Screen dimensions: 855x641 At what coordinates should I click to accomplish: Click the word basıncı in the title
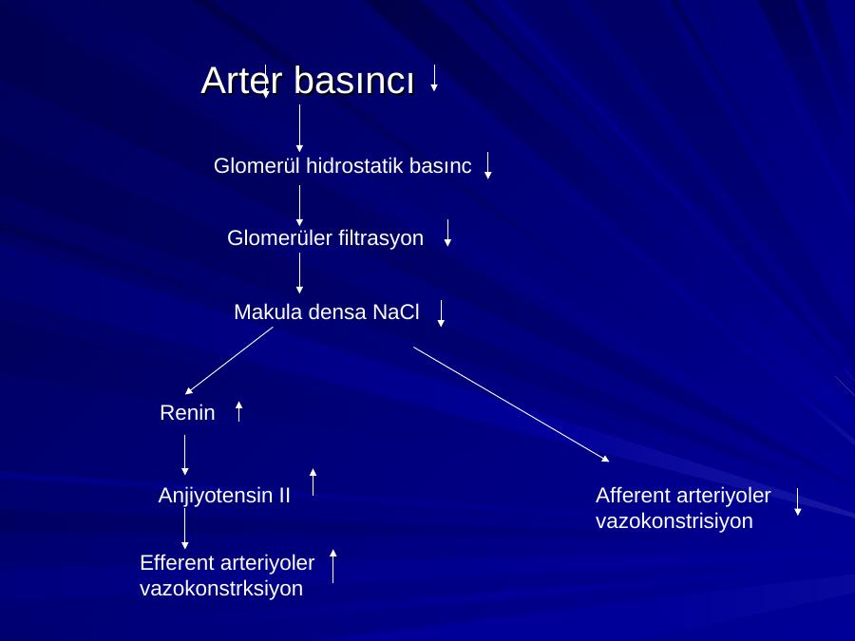354,81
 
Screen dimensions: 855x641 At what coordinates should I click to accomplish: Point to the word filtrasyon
381,238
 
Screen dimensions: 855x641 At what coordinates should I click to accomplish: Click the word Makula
268,312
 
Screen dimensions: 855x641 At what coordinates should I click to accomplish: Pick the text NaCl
396,312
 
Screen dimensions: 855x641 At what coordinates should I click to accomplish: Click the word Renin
187,413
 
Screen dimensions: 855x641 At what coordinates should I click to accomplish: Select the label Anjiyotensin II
224,496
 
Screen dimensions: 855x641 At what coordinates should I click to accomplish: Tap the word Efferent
180,563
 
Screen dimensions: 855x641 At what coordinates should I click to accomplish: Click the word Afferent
633,496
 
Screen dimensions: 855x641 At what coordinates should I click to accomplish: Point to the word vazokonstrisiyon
674,521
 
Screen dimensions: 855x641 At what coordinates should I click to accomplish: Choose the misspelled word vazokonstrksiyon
221,589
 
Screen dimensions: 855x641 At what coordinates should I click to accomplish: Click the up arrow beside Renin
238,411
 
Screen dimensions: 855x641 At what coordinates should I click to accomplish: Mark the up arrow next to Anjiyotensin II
313,481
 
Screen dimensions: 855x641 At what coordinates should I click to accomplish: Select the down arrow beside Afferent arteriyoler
798,502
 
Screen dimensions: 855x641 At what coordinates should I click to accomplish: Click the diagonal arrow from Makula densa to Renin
229,360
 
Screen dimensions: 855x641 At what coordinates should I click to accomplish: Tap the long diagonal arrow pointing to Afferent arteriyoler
511,405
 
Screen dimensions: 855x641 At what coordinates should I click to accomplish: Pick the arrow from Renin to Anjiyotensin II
185,455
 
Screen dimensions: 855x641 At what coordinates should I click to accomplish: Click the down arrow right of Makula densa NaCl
441,313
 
